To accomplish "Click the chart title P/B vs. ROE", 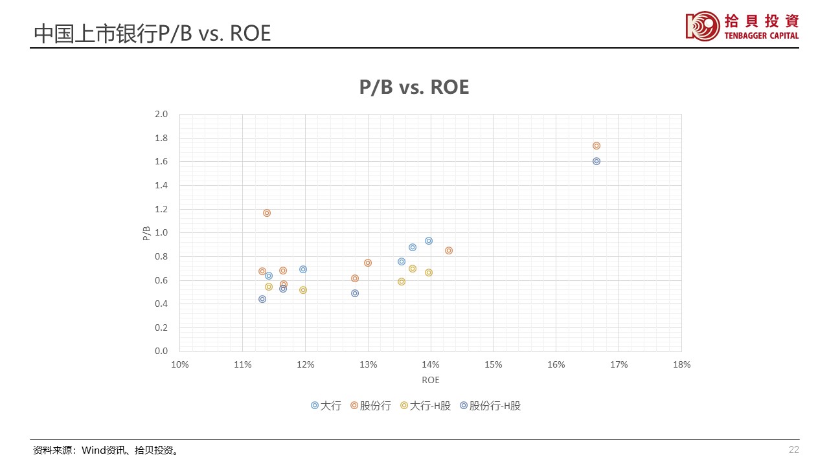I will tap(414, 87).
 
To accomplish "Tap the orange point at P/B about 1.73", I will tap(596, 146).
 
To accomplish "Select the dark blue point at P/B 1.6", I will tap(596, 161).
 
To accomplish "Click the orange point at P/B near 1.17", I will tap(267, 213).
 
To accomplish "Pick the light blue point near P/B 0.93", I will tap(429, 241).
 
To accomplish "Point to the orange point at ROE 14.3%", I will tap(449, 250).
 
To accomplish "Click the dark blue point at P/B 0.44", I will tap(262, 299).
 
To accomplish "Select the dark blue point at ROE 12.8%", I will tap(355, 293).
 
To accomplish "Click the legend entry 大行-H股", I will tap(431, 406).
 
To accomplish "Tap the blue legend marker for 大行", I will tap(315, 406).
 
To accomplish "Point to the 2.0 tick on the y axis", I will tap(161, 114).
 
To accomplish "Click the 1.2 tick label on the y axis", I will tap(161, 209).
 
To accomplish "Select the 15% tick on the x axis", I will tap(494, 364).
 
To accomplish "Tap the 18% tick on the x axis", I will tap(681, 364).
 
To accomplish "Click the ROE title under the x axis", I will tap(431, 380).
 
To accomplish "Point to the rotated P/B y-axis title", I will tap(146, 233).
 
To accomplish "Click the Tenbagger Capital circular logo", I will tap(703, 26).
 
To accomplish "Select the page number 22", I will tap(793, 450).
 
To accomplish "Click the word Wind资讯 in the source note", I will tap(100, 450).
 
